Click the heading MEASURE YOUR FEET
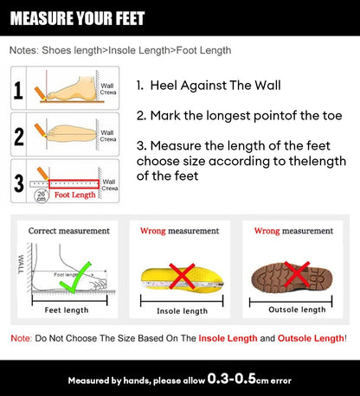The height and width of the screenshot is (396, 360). [79, 18]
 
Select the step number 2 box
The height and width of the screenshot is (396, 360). [18, 136]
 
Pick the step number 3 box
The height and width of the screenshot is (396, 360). [18, 182]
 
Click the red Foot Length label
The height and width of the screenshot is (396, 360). [75, 195]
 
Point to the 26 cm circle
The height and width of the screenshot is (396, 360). [41, 197]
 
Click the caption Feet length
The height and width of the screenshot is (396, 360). [67, 309]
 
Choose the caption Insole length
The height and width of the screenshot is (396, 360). [182, 310]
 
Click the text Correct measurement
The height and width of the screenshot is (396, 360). [69, 231]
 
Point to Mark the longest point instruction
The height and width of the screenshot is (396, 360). [229, 115]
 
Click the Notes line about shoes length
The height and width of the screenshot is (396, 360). [120, 50]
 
